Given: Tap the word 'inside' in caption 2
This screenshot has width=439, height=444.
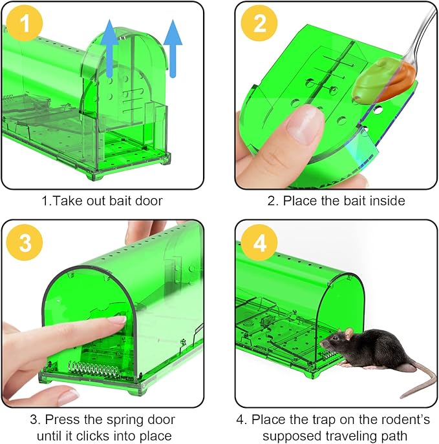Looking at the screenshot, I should pos(386,201).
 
